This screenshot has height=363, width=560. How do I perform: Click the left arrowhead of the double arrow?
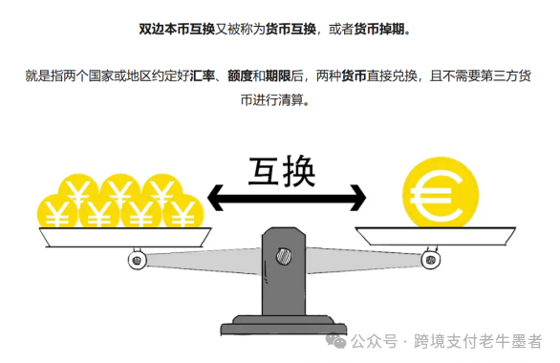[x=219, y=199]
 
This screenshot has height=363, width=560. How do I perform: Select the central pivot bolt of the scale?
[x=284, y=255]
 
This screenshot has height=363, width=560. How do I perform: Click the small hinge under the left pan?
[x=137, y=258]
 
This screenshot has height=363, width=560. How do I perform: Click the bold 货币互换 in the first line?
[x=291, y=30]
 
